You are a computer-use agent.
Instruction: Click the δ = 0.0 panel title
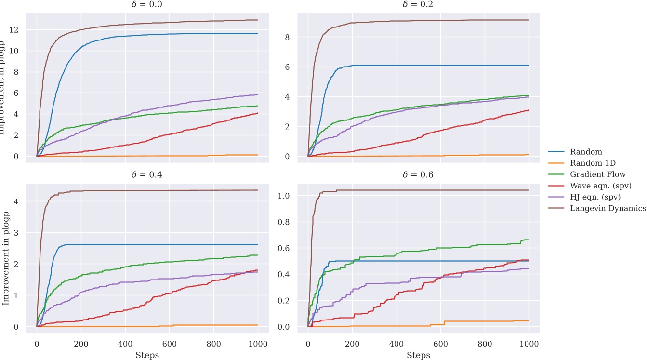[147, 5]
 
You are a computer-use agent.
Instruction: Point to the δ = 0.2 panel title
[418, 5]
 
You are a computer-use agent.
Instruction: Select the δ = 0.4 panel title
[147, 175]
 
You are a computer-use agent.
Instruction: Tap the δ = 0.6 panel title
[418, 175]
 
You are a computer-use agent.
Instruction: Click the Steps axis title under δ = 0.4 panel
[147, 355]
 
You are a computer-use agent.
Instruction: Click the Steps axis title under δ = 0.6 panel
[418, 355]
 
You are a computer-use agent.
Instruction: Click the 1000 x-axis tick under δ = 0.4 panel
[258, 345]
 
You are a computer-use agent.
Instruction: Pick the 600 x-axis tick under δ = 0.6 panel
[440, 345]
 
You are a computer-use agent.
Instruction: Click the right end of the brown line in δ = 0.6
[529, 190]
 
